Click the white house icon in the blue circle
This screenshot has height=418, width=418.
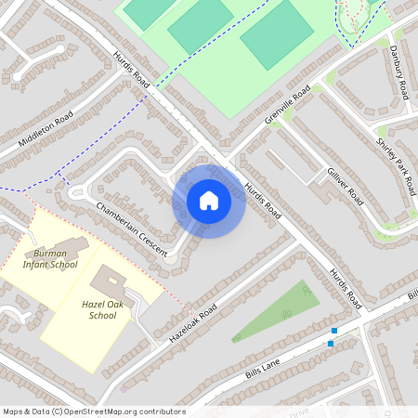point(209,201)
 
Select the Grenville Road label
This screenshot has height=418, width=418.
point(286,109)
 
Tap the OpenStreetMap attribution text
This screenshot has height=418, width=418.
point(93,411)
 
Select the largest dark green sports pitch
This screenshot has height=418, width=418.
point(277,34)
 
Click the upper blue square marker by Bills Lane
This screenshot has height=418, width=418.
point(335,331)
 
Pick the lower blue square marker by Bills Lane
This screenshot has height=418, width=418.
point(330,344)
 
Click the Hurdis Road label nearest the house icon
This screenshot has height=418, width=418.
point(261,200)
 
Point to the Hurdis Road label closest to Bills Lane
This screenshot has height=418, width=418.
point(344,289)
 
